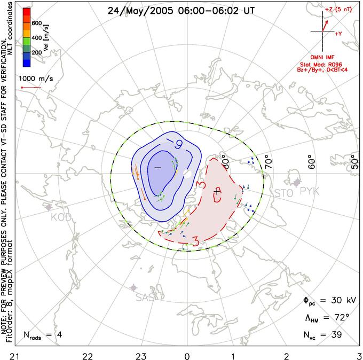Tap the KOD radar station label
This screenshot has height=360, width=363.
pos(61,217)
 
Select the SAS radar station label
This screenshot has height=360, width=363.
pos(145,298)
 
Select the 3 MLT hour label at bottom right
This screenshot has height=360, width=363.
pos(359,355)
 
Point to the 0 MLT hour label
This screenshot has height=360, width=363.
pos(186,355)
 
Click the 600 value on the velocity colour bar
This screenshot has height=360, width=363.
pos(36,24)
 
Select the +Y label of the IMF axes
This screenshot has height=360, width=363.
pos(338,33)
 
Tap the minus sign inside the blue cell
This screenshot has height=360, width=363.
pos(157,168)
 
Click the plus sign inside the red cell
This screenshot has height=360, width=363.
pos(216,191)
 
